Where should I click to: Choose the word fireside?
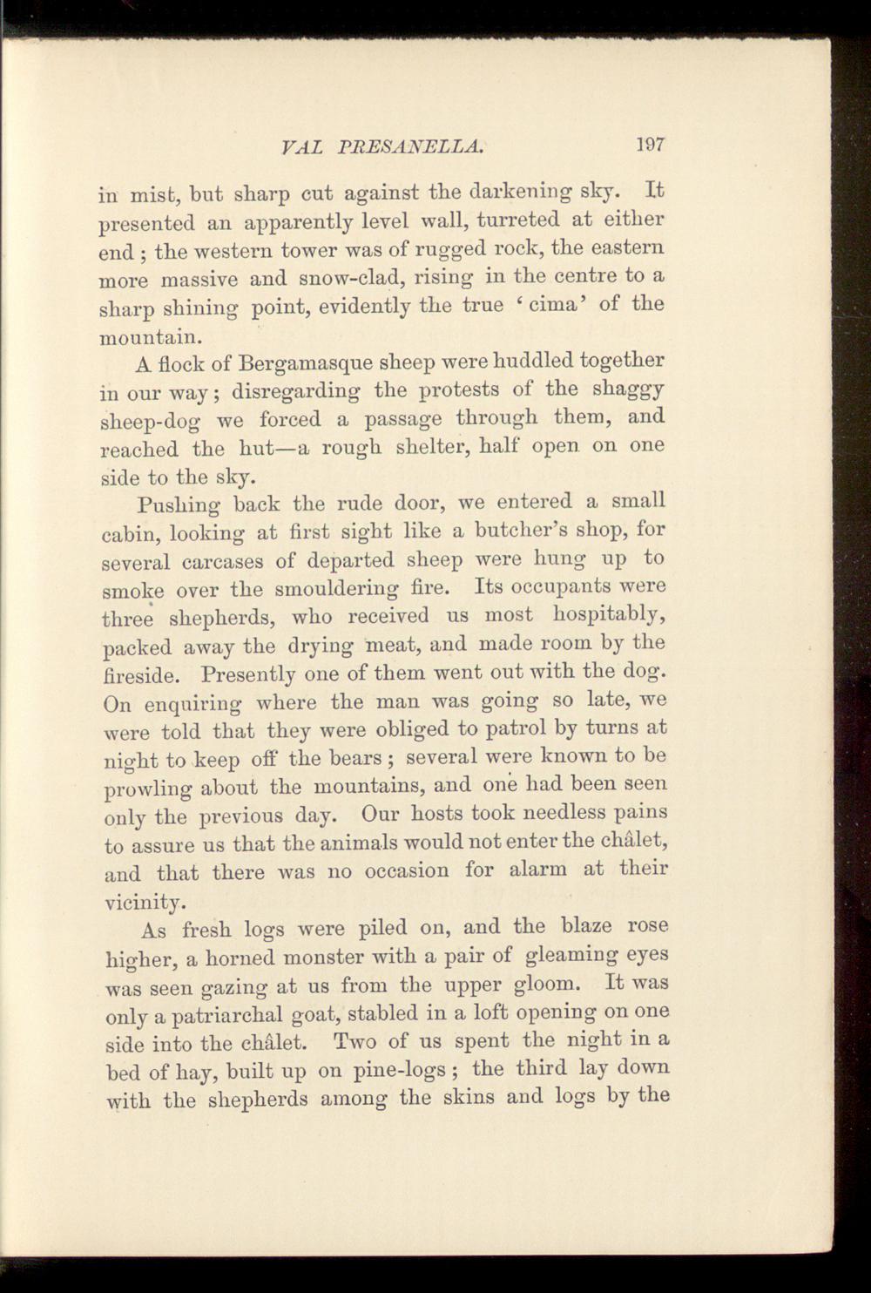tap(141, 674)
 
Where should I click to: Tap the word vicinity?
tap(141, 902)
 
